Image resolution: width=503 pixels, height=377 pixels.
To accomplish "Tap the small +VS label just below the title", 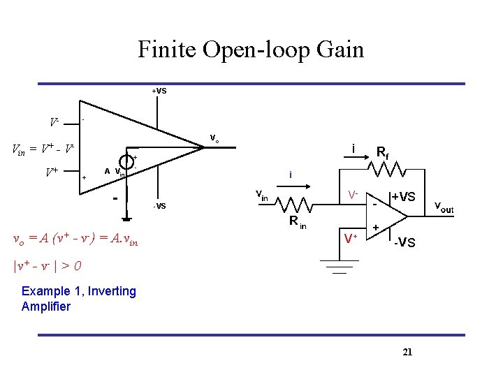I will (x=159, y=91).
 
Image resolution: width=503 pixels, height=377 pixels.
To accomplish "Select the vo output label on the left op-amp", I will (x=215, y=138).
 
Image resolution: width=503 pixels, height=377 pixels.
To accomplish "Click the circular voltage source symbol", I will (x=126, y=160).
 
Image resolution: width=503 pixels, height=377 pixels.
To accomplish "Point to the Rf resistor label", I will (x=383, y=151).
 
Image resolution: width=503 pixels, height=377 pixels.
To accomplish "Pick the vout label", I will (x=444, y=207).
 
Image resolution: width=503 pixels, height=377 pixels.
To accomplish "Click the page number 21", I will (x=408, y=352).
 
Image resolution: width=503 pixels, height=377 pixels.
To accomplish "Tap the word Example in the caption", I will (x=45, y=291).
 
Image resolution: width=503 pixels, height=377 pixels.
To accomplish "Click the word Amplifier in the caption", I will (x=45, y=306).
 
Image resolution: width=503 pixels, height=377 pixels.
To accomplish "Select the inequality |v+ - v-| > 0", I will (x=48, y=266).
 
